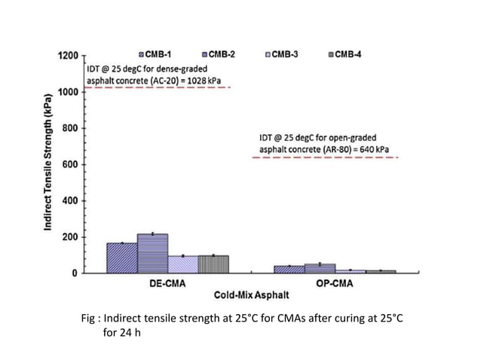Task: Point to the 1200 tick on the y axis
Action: point(66,56)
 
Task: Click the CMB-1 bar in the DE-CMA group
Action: point(121,258)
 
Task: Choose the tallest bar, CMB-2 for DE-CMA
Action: point(152,254)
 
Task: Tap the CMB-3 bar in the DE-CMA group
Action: point(182,264)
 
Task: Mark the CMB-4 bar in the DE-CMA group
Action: point(213,264)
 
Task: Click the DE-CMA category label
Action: point(168,285)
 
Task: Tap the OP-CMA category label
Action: point(335,285)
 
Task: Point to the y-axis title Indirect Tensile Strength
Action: point(48,161)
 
